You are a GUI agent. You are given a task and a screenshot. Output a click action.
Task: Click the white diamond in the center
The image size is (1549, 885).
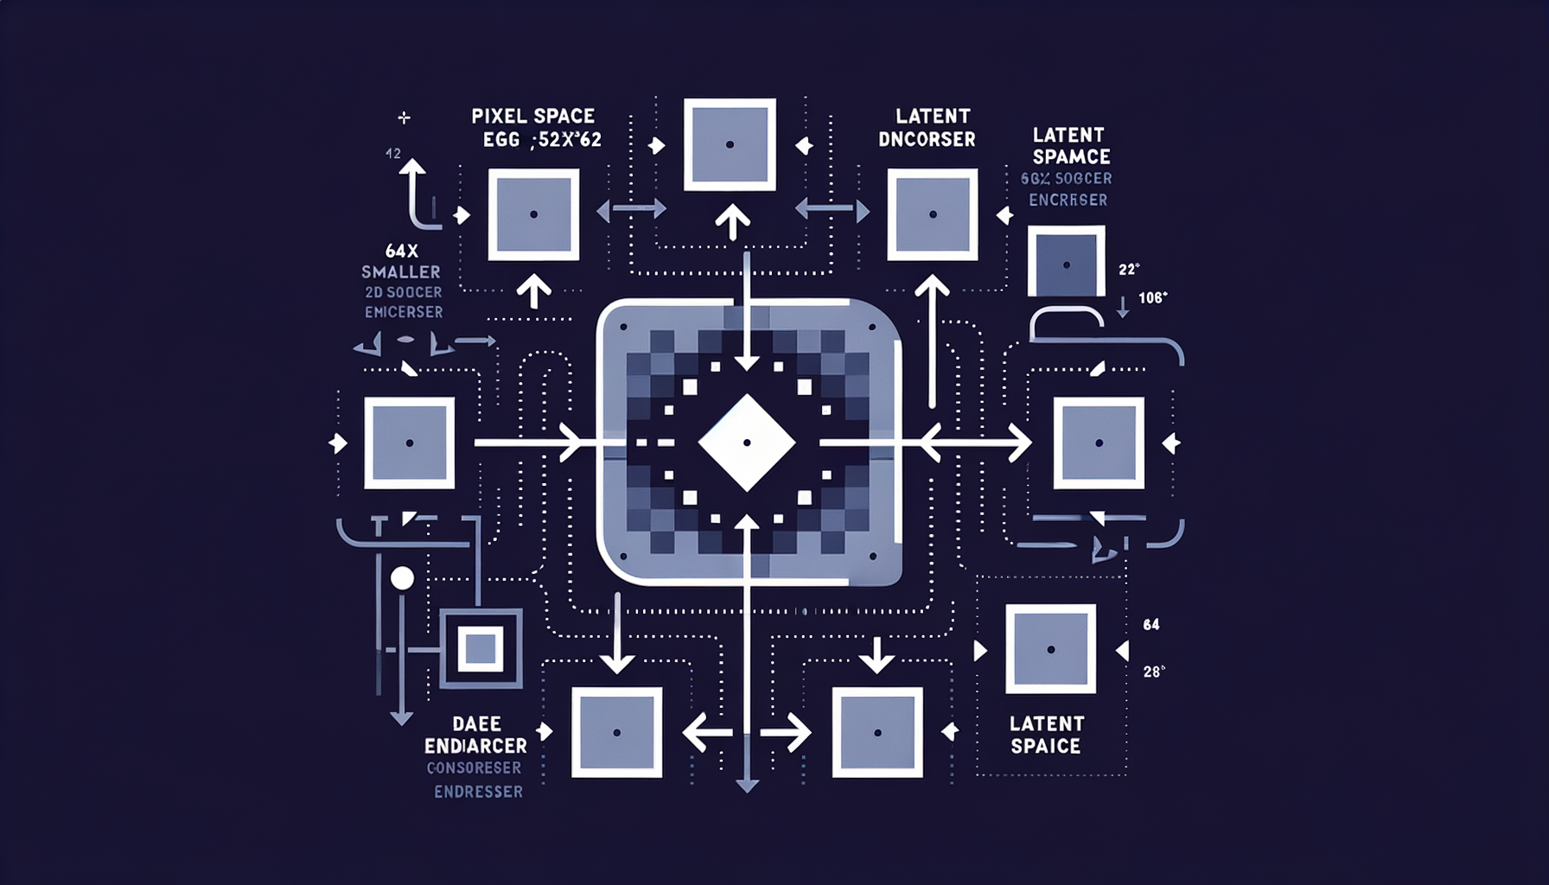(x=747, y=442)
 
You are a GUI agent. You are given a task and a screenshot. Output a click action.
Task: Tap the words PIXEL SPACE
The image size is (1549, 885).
(x=532, y=116)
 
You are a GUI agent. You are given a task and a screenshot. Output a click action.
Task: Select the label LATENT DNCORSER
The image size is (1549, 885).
(x=928, y=127)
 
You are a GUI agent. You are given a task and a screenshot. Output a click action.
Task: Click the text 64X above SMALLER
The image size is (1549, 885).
(x=402, y=251)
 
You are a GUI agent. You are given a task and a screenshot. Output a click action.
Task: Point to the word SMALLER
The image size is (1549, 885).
(x=401, y=272)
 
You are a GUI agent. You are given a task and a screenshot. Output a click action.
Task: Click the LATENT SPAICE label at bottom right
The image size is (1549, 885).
(x=1046, y=735)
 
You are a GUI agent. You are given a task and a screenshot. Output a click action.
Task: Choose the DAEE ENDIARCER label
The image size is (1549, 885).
(x=475, y=735)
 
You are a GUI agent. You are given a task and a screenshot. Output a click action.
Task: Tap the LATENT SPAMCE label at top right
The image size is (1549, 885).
(x=1070, y=145)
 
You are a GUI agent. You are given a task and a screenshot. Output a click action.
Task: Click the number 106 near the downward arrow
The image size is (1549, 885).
(x=1151, y=298)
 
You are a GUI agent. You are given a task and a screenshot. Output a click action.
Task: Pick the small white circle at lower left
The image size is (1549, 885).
(x=402, y=578)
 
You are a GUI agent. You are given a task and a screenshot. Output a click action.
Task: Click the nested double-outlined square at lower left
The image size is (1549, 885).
(x=481, y=648)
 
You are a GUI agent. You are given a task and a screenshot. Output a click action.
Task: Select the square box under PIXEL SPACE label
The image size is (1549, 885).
(x=533, y=214)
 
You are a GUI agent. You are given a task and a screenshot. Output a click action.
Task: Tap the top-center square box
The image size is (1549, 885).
(x=730, y=144)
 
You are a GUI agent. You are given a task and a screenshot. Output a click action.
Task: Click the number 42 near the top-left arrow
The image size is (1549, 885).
(x=393, y=154)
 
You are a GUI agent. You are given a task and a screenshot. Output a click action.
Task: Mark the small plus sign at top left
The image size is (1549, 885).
(x=404, y=118)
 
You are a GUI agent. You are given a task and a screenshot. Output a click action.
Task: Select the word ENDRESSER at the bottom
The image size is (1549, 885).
(x=478, y=792)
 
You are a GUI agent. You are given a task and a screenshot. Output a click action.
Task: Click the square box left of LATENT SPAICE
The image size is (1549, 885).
(x=877, y=732)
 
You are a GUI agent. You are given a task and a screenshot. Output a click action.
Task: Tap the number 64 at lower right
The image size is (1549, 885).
(x=1151, y=624)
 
